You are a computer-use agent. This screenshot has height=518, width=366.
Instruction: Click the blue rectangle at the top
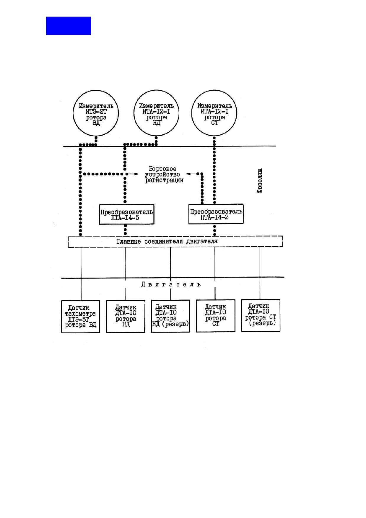[68, 26]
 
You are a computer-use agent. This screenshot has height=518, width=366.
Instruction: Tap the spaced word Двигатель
[171, 285]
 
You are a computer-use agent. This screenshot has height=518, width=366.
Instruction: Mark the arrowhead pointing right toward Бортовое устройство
[136, 174]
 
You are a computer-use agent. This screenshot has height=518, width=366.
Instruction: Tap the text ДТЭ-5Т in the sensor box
[79, 320]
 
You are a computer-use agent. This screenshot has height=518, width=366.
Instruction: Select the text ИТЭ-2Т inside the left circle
[96, 112]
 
